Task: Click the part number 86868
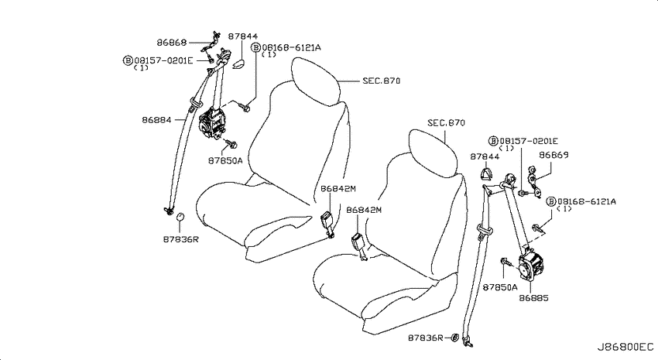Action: (171, 43)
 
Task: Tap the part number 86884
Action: (156, 120)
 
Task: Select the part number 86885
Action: (533, 298)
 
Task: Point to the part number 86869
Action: (553, 155)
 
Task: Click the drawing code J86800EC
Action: (625, 347)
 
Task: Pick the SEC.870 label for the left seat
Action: (381, 81)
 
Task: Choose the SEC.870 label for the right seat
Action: (446, 123)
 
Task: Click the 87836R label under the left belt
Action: (180, 239)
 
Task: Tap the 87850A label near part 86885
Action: (500, 287)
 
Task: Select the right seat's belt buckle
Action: (360, 245)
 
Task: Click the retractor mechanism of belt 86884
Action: (211, 123)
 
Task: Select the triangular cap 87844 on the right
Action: (487, 173)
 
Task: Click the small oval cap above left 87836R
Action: (180, 217)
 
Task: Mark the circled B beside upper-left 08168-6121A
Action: (255, 47)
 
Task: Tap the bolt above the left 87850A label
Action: (231, 144)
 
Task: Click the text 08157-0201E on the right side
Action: (528, 141)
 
